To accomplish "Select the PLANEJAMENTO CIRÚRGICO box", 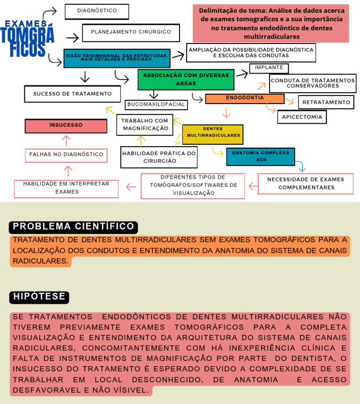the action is (131, 32).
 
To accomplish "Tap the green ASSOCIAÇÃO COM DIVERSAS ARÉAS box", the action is (186, 79).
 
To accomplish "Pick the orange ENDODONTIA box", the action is (245, 98).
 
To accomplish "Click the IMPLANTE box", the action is (269, 68).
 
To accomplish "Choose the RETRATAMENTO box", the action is (326, 102).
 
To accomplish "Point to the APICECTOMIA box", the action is (302, 117).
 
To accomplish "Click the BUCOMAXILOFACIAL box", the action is (156, 105).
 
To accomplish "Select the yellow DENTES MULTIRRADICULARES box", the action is (213, 134).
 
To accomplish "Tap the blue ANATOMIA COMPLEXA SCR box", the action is (260, 157).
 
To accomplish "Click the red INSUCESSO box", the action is (66, 126).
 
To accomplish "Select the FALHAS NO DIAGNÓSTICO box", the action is (66, 155).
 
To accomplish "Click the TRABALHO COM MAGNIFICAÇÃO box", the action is (144, 125).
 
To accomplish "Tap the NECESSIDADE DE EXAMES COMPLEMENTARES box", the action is (305, 183).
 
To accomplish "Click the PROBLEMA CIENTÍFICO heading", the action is (73, 227).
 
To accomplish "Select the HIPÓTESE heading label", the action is (39, 297).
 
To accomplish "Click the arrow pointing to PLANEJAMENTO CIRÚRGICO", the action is (72, 38).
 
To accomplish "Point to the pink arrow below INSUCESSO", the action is (66, 140).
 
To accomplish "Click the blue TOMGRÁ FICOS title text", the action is (27, 41).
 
